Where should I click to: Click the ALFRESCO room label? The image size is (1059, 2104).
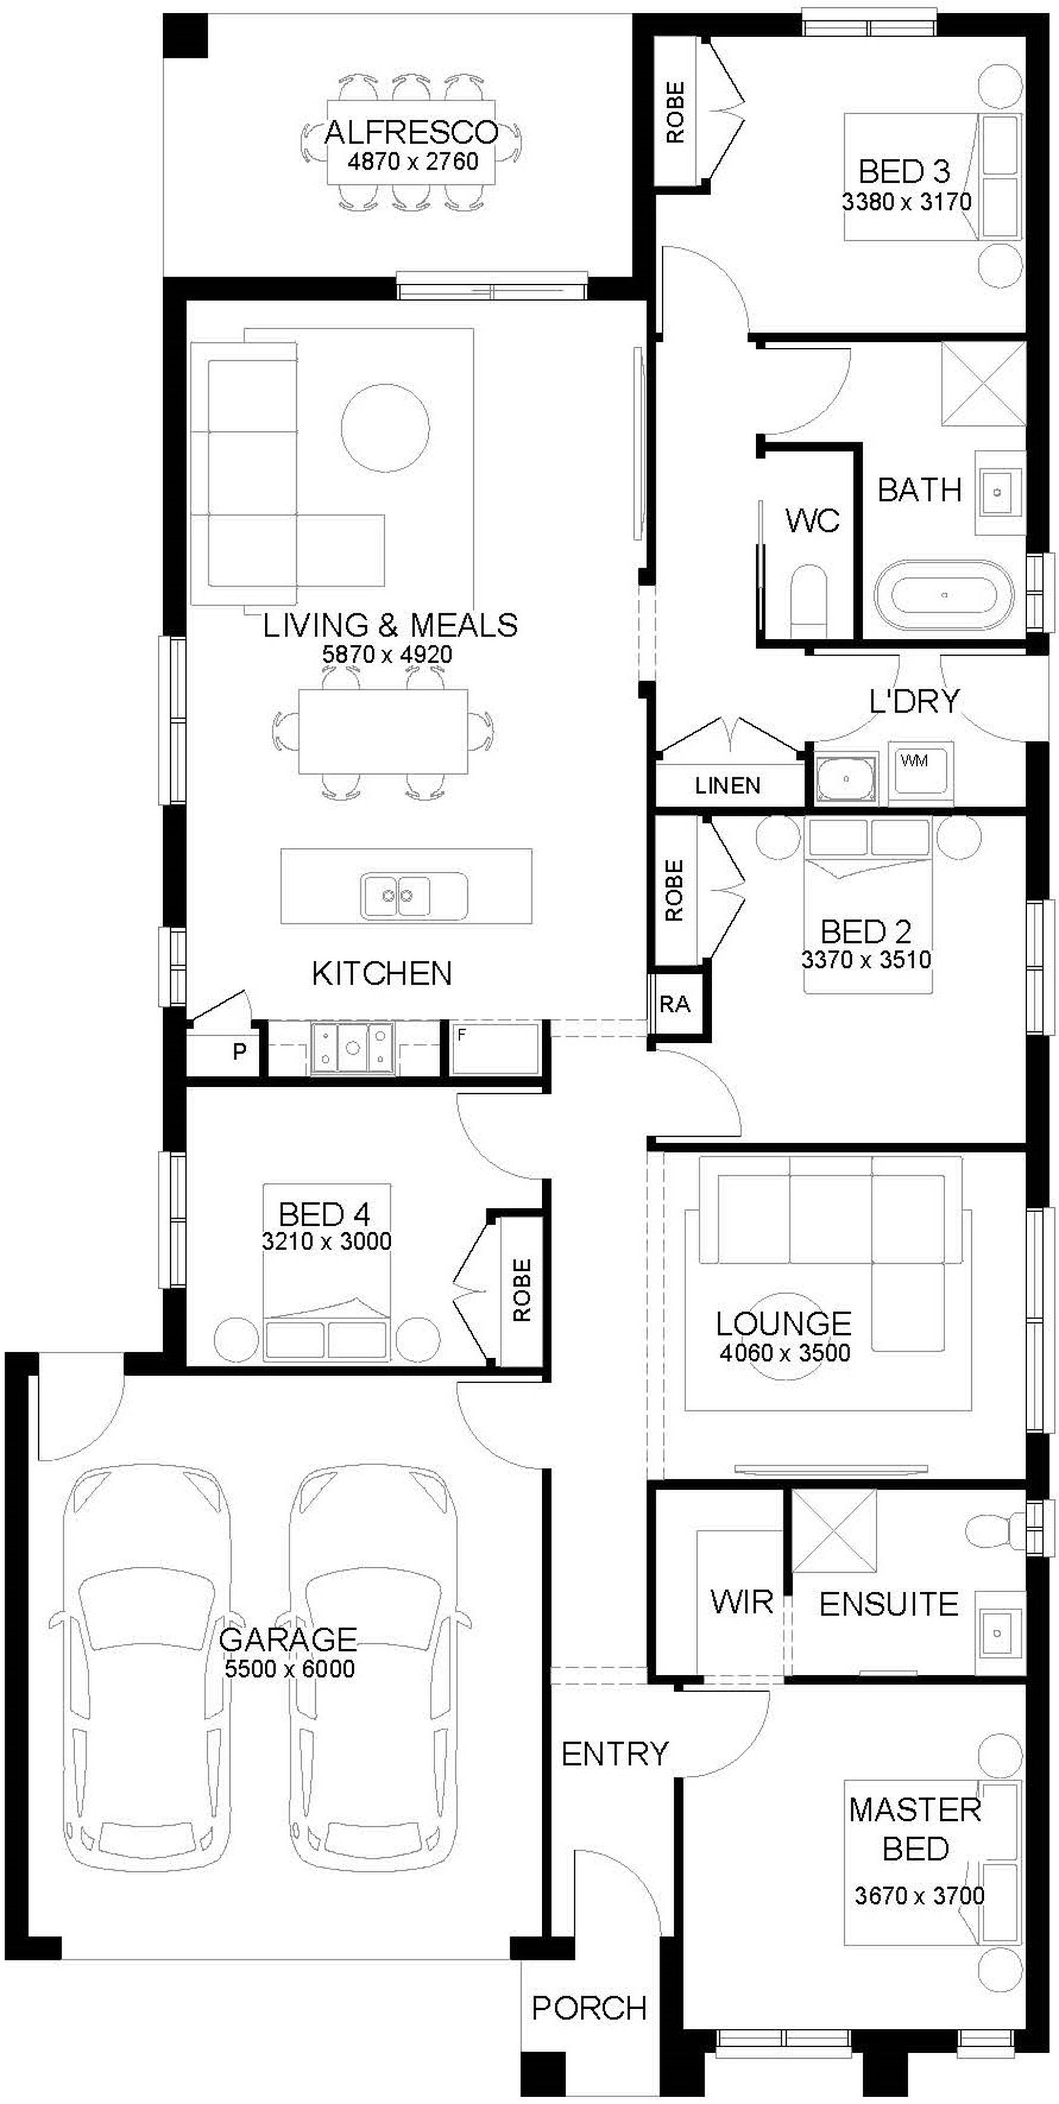click(411, 131)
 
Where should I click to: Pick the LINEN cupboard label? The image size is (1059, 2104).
click(727, 785)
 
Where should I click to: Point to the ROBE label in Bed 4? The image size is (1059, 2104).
click(522, 1290)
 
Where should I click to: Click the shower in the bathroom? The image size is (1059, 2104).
click(983, 383)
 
